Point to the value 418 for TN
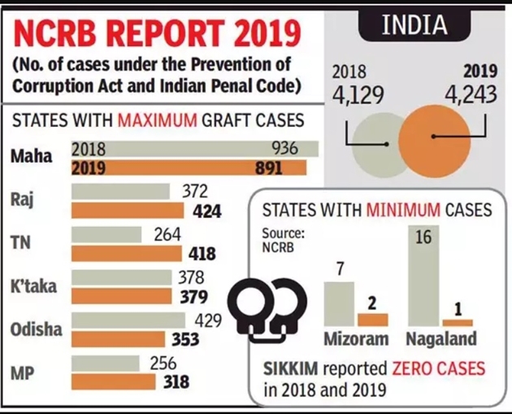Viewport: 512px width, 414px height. (202, 255)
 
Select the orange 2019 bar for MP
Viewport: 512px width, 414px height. (117, 381)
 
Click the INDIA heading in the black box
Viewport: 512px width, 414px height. (414, 25)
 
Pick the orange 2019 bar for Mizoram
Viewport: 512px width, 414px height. (373, 319)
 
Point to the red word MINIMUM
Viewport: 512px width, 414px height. (404, 210)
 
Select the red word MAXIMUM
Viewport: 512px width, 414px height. (158, 121)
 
